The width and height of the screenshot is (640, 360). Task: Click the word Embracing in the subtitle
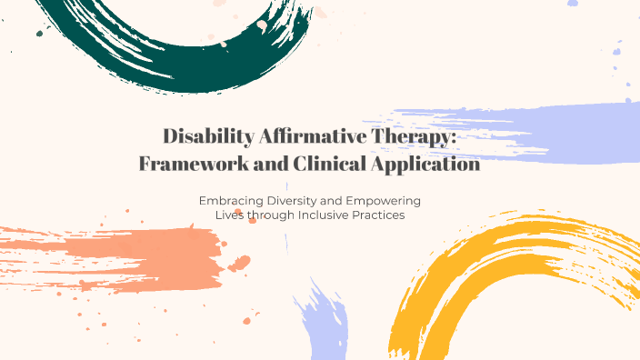(230, 200)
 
